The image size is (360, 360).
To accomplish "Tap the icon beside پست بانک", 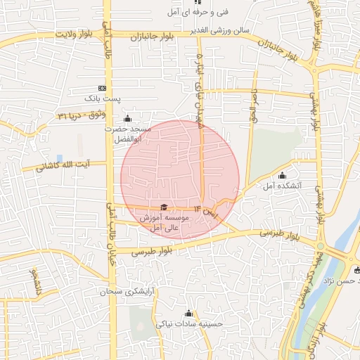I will tap(103, 89).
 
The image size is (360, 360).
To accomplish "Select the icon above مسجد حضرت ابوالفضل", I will tap(127, 117).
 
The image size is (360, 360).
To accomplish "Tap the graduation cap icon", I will tap(164, 207).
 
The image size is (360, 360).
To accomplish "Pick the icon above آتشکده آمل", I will tap(283, 176).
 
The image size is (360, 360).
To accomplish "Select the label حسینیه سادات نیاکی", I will tap(189, 325).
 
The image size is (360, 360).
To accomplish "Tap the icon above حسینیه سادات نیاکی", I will tap(188, 314).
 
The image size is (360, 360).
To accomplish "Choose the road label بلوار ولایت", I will tap(75, 34).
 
